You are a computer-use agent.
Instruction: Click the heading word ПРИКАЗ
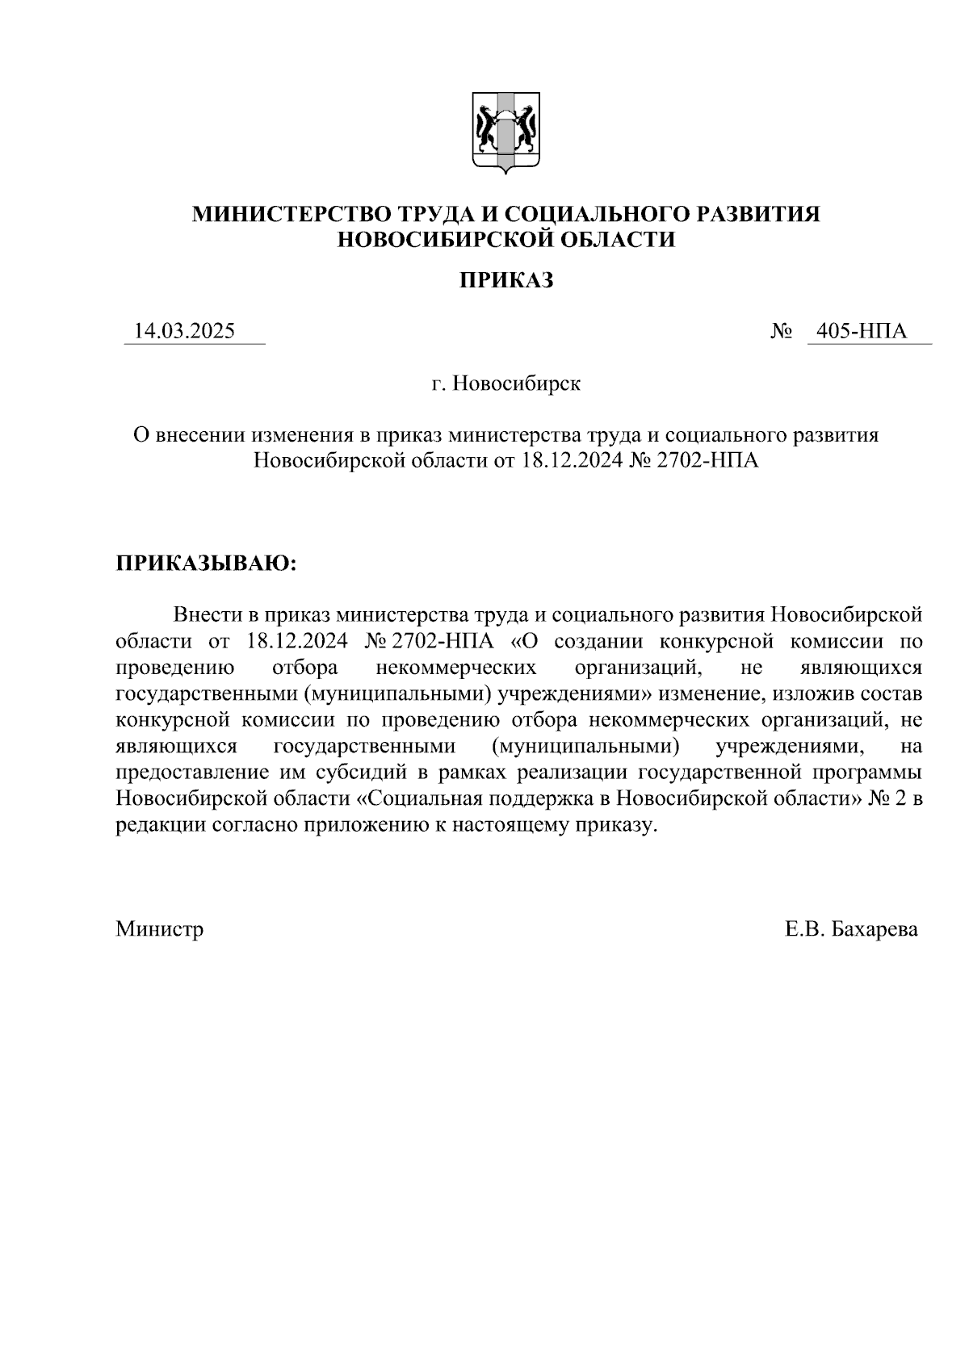(506, 281)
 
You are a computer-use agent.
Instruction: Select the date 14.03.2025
(185, 331)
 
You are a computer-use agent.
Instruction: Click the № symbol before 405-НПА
(780, 332)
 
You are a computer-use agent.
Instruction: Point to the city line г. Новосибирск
(505, 383)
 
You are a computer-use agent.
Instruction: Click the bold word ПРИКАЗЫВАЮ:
(207, 563)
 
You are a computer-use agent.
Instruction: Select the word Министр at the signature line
(159, 929)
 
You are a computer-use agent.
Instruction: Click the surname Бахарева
(874, 929)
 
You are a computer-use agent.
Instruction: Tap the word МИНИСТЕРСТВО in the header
(292, 215)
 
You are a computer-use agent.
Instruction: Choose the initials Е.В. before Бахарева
(803, 929)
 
